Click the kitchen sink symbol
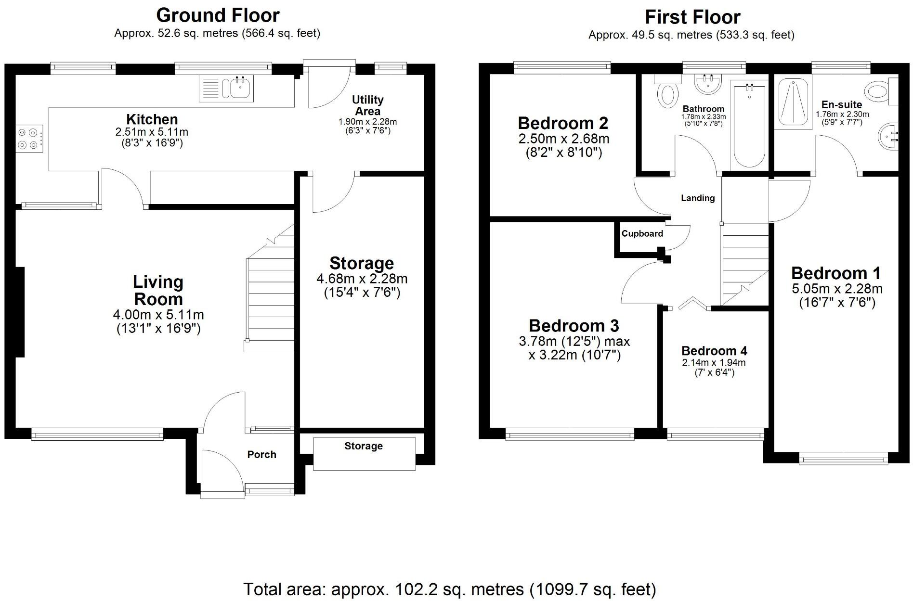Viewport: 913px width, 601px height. pyautogui.click(x=226, y=89)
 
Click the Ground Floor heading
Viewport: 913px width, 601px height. pyautogui.click(x=218, y=15)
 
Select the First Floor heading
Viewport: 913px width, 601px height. pyautogui.click(x=692, y=17)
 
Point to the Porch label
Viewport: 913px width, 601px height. pyautogui.click(x=261, y=455)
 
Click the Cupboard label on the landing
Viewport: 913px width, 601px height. pyautogui.click(x=642, y=234)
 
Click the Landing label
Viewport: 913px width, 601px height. pyautogui.click(x=697, y=198)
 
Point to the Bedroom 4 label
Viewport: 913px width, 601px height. pyautogui.click(x=714, y=351)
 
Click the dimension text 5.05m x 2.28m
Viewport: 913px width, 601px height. pyautogui.click(x=837, y=289)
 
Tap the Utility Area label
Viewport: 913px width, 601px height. pyautogui.click(x=367, y=105)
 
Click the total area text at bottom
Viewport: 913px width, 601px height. pyautogui.click(x=449, y=589)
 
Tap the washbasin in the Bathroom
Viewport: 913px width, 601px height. pyautogui.click(x=708, y=84)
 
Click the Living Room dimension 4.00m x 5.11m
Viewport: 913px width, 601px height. pyautogui.click(x=158, y=315)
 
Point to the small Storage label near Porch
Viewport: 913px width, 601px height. pyautogui.click(x=364, y=446)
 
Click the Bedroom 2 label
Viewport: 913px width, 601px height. pyautogui.click(x=563, y=123)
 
